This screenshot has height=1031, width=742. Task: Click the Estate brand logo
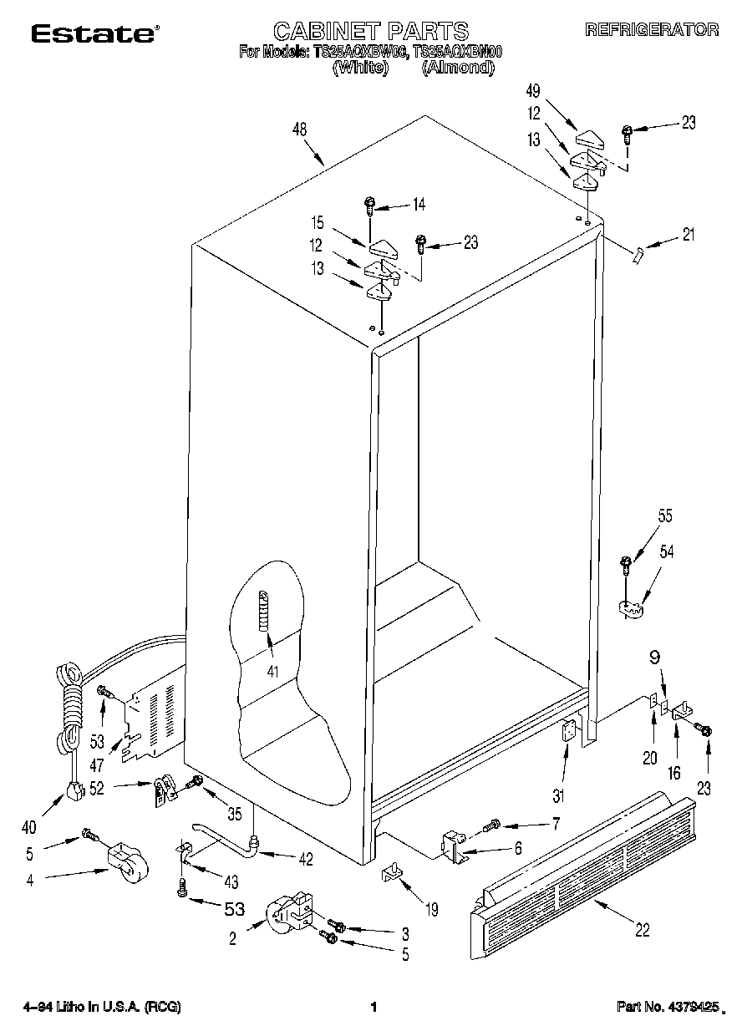coord(94,33)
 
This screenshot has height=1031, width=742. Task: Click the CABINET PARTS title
coord(371,31)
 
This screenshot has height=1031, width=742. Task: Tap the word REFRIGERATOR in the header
coord(651,30)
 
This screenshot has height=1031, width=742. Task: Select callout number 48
coord(299,130)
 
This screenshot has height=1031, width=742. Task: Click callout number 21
coord(688,235)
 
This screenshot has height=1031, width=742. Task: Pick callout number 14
coord(419,203)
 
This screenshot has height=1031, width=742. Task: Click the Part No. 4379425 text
coord(667,1008)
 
